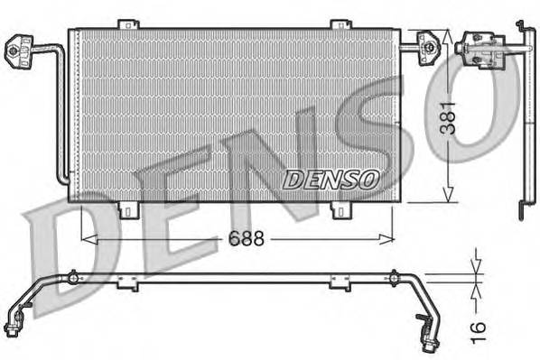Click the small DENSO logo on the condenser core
330,179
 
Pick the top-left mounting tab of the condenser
128,24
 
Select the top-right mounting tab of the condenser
340,24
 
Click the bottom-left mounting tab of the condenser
128,210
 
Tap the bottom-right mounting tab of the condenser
340,210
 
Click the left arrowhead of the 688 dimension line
87,239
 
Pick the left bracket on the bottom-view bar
129,284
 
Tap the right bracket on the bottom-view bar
340,284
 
